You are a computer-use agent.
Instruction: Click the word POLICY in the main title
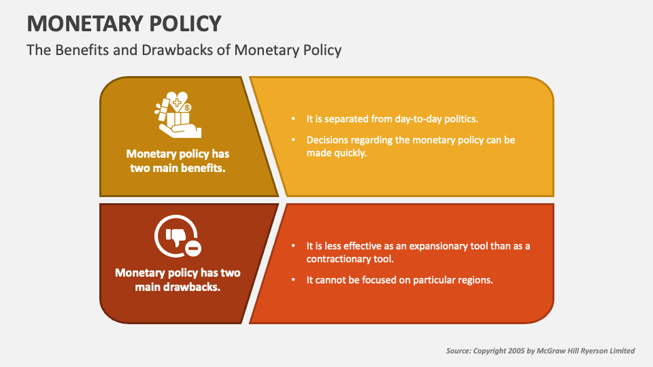188,24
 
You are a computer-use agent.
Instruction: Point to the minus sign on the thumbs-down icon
193,249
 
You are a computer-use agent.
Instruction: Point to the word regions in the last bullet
473,280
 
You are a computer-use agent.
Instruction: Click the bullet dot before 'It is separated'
293,119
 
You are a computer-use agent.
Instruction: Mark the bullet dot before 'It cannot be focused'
293,280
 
